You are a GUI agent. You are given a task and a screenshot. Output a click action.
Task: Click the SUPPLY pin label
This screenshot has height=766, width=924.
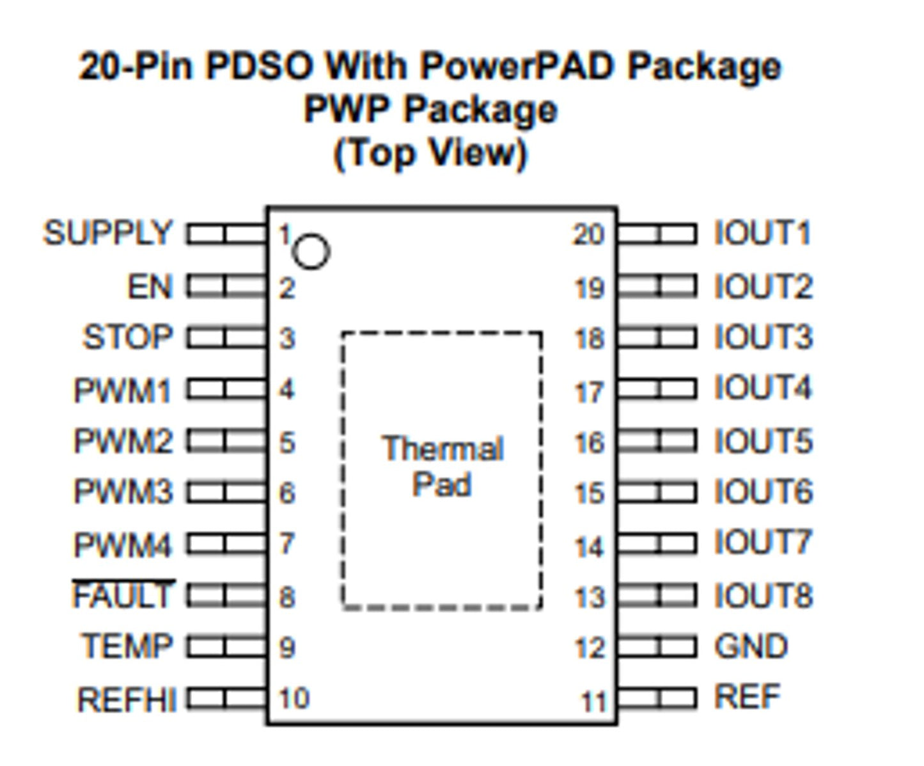point(107,233)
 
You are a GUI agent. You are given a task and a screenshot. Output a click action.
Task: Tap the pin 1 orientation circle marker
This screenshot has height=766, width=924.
point(311,251)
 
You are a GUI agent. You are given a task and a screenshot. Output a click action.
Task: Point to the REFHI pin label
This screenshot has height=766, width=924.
point(127,699)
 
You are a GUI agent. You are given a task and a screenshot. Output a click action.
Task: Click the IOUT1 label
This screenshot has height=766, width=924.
point(763,233)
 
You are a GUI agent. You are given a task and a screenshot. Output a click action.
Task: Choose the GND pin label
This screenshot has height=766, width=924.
point(751,646)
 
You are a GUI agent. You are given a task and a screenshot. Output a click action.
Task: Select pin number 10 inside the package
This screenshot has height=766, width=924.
point(294,698)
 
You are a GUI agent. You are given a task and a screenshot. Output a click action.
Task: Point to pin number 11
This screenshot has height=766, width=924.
point(593,702)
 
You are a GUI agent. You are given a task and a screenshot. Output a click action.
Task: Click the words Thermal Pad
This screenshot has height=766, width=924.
point(442,467)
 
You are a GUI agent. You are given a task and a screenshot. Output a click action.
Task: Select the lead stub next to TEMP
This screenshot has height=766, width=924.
point(226,647)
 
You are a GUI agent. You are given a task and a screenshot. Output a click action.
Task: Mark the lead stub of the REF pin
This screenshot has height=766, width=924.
point(657,698)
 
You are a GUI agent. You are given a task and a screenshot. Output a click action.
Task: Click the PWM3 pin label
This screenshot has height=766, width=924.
point(123,492)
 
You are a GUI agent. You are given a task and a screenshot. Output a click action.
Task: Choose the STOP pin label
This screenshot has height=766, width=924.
point(128,337)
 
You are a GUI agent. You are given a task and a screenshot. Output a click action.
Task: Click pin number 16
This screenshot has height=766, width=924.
point(589,443)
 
